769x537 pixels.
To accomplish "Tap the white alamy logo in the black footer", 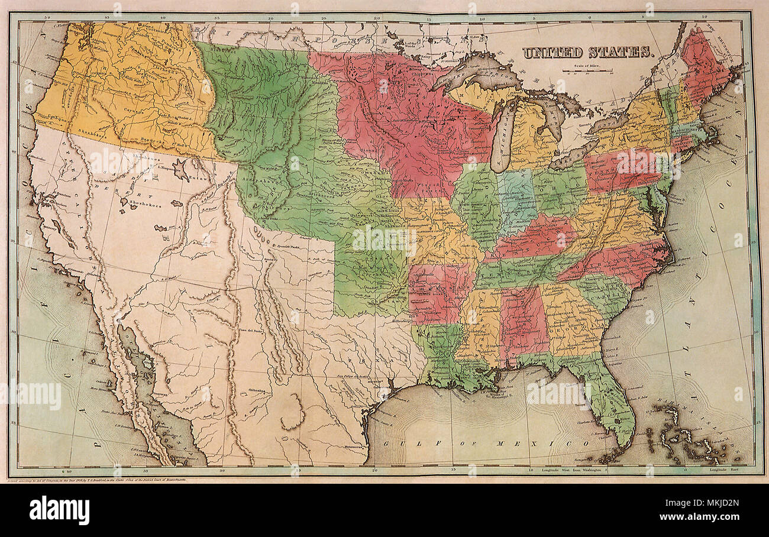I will click(59, 510).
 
